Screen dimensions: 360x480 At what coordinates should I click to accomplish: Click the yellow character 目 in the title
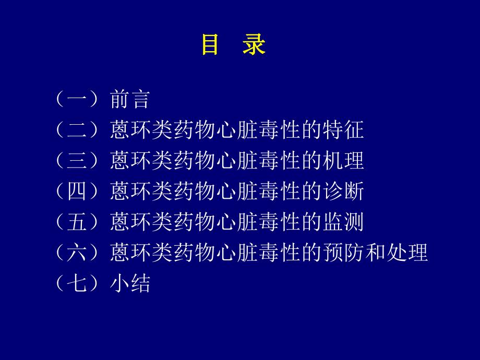pyautogui.click(x=210, y=45)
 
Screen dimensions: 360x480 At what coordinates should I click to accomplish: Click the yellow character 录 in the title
pyautogui.click(x=254, y=45)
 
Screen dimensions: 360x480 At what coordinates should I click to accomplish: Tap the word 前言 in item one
pyautogui.click(x=130, y=99)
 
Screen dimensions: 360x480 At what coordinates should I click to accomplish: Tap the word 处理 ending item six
pyautogui.click(x=407, y=253)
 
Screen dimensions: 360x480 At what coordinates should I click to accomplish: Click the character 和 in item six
pyautogui.click(x=375, y=253)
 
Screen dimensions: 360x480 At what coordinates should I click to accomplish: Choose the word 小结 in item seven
pyautogui.click(x=130, y=284)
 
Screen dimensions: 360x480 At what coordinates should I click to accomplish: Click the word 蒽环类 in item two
pyautogui.click(x=141, y=130)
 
